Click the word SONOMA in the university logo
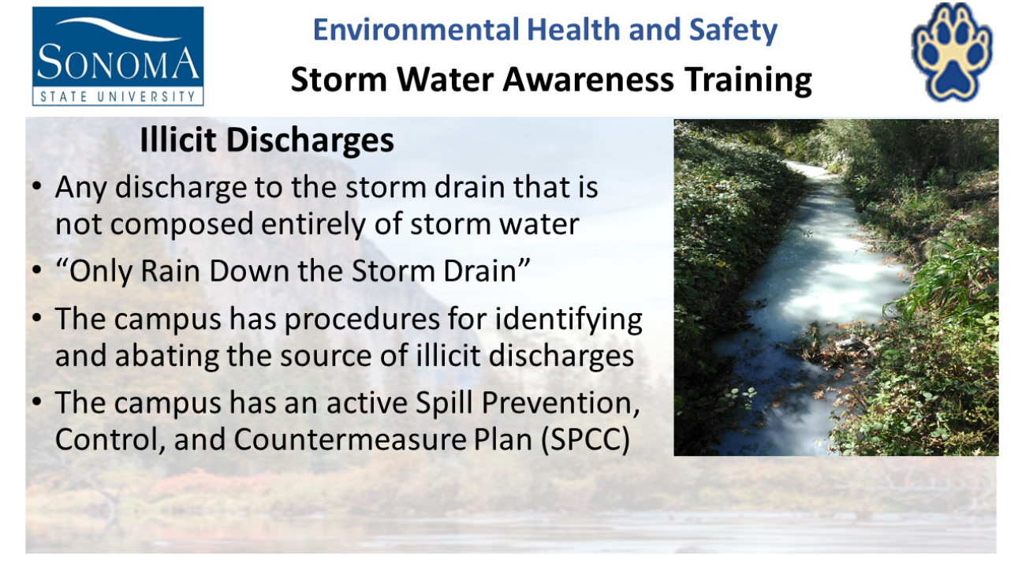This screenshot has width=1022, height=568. coord(117,62)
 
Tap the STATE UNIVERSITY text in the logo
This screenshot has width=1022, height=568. coord(117,97)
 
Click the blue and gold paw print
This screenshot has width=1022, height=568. coord(952,53)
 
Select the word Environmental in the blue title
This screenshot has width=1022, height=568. coord(416,30)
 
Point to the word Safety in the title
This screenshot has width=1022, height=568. coord(733,31)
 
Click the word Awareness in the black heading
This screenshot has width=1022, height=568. coord(588,80)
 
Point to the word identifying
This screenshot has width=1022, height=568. coord(569,320)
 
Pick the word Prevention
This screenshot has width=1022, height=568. coord(561,404)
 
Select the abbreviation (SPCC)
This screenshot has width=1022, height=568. coord(585,440)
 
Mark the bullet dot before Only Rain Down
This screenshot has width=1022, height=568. coord(37,270)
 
